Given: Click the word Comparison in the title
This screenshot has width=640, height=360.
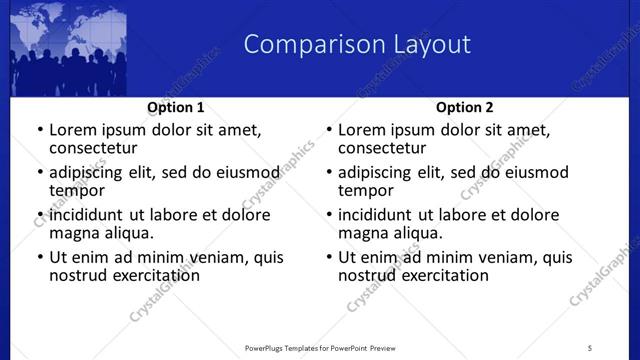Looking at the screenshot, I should [x=304, y=45].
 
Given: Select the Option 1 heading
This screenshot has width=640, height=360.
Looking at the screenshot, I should [x=176, y=107].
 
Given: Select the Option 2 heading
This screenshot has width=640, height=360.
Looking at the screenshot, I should [x=465, y=107].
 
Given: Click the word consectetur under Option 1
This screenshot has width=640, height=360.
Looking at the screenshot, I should [x=97, y=148].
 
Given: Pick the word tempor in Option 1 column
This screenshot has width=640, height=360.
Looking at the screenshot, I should [x=77, y=190].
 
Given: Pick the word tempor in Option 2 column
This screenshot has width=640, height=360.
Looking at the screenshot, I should [x=366, y=190].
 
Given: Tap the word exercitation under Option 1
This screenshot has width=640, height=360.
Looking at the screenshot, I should [x=156, y=275].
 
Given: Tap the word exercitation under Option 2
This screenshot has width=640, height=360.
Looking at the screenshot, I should [x=445, y=275].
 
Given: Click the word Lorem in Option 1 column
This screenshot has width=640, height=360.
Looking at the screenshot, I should [x=73, y=130].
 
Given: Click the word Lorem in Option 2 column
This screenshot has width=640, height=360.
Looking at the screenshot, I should [x=362, y=130].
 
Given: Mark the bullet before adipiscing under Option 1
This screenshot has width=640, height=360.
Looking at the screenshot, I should [x=39, y=172].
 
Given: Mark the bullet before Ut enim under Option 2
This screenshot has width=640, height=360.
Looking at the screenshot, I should [x=328, y=257].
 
